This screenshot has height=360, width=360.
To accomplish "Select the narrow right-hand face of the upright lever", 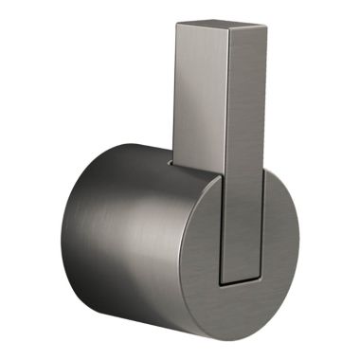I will pos(244,142).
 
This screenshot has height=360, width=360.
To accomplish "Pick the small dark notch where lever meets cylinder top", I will pos(171,162).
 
